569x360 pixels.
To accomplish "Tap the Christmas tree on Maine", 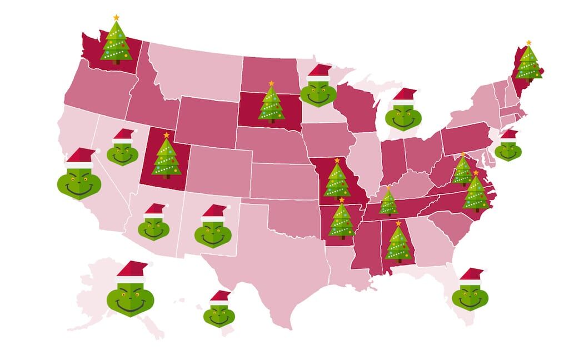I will tap(527, 64).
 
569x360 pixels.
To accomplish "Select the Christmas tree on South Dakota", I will tap(272, 104).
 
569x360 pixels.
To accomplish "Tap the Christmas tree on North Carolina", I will tap(475, 193).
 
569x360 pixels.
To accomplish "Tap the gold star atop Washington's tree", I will tap(116, 18).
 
